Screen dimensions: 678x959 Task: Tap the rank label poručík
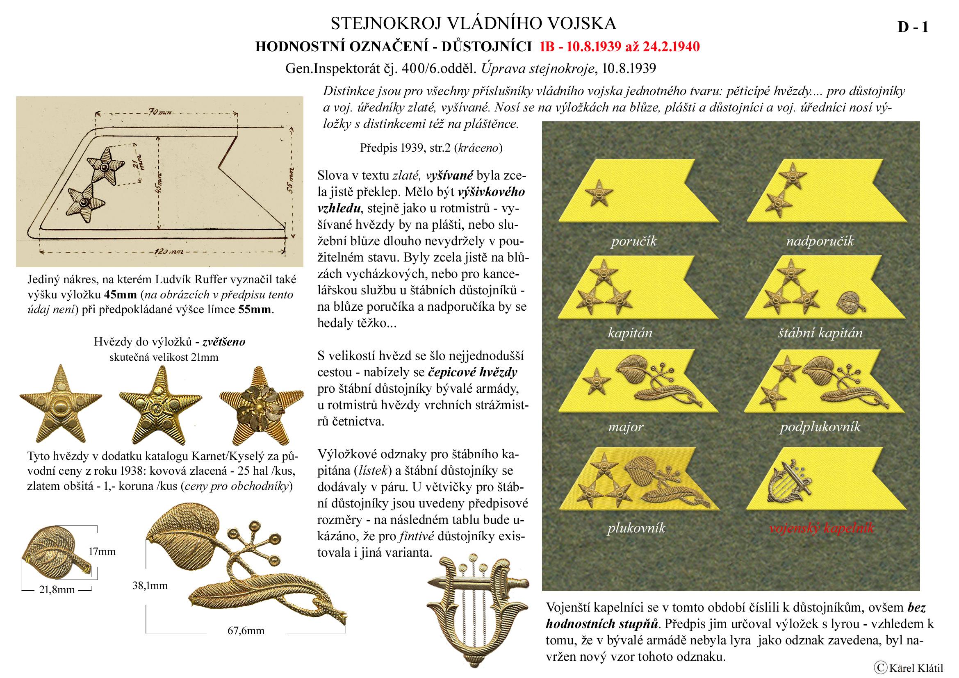[x=633, y=241]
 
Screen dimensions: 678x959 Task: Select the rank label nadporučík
[x=820, y=241]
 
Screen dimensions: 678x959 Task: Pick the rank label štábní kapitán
[x=820, y=333]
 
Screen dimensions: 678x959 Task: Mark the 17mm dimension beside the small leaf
[x=102, y=551]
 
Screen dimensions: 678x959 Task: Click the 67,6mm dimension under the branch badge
[x=246, y=630]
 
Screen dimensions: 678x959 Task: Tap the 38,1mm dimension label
[x=150, y=586]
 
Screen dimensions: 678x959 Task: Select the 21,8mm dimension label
[x=57, y=589]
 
